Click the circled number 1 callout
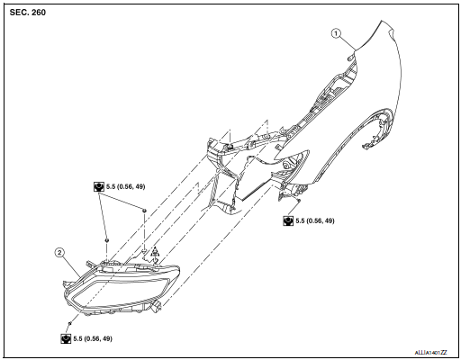click(x=337, y=34)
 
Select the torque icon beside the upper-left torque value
click(x=98, y=186)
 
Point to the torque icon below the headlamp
click(x=66, y=337)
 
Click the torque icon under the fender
click(x=288, y=219)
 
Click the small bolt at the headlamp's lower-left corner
click(x=68, y=322)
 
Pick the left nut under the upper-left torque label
click(x=107, y=241)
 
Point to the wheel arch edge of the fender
click(x=378, y=126)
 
